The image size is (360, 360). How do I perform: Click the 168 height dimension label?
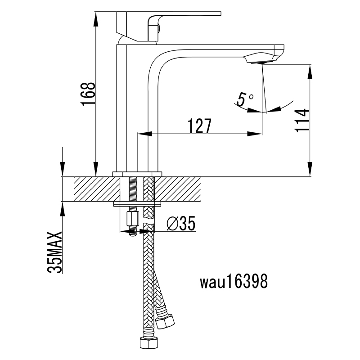click(88, 94)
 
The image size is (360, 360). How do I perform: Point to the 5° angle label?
click(245, 99)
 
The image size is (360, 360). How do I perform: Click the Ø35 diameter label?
click(181, 224)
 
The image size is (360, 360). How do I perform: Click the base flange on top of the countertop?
click(137, 174)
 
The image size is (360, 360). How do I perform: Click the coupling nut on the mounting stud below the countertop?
click(131, 220)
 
